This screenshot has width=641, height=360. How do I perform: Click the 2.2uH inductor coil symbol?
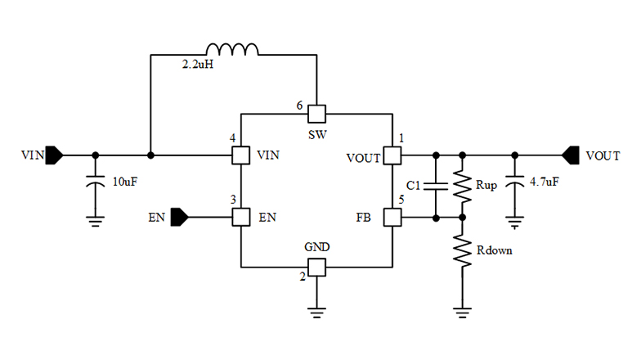tap(231, 50)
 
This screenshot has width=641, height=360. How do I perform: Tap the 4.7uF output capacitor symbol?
tap(514, 185)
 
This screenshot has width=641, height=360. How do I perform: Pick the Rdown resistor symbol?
tap(463, 251)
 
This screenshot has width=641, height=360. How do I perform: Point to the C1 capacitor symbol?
tap(436, 186)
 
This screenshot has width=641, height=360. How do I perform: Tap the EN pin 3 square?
tap(240, 218)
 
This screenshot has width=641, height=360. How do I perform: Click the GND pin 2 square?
tap(316, 267)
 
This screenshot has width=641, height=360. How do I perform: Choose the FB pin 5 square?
tap(392, 218)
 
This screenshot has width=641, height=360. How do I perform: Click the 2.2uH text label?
tap(197, 65)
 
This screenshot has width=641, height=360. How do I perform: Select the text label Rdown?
tap(494, 250)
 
